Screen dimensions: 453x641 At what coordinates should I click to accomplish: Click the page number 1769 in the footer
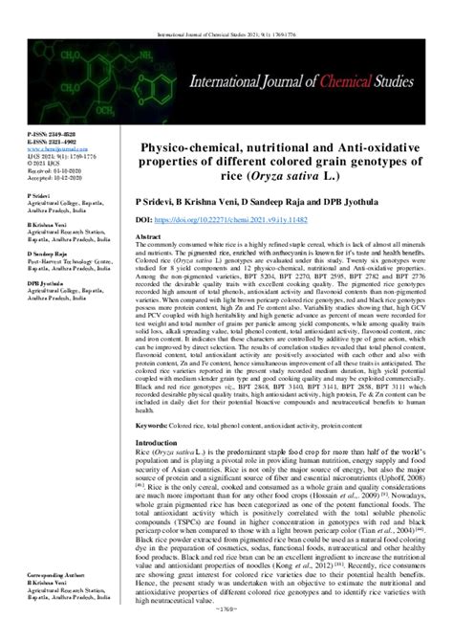(x=226, y=633)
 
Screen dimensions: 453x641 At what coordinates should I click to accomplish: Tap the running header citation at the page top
(x=226, y=11)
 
